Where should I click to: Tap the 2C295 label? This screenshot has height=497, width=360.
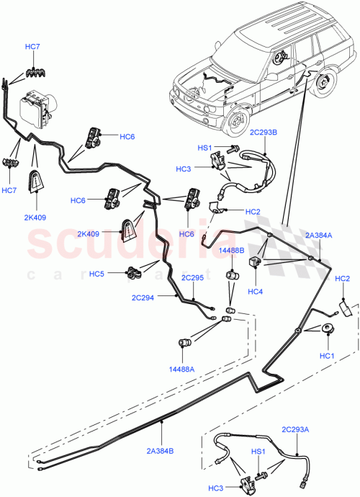[192, 277]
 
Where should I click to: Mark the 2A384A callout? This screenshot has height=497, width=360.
[319, 236]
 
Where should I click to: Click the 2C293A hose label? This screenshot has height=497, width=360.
[297, 429]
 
